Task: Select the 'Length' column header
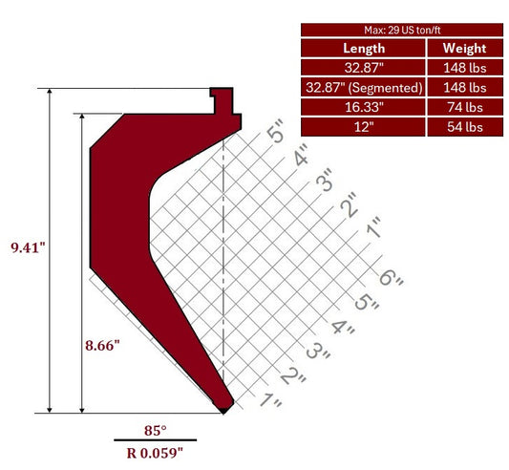(363, 48)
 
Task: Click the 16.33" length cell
(363, 107)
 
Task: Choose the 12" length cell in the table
(363, 126)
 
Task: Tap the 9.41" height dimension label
(28, 247)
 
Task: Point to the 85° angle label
(155, 429)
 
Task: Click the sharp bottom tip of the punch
(224, 411)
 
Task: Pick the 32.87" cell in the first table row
(363, 68)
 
